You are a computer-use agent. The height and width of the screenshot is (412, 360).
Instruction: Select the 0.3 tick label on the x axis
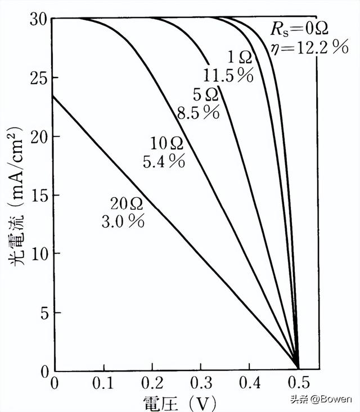coord(200,385)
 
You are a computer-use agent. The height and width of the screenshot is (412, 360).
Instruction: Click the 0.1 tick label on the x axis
coord(103,385)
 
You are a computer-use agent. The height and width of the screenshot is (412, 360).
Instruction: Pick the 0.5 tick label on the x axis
coord(298,385)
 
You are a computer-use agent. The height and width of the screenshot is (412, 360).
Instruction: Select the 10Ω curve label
coord(166,143)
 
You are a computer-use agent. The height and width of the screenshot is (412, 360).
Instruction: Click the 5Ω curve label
coord(205,94)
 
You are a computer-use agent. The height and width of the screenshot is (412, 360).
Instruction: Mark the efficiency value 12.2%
coord(308,48)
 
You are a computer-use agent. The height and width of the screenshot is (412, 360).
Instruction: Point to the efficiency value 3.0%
coord(122,221)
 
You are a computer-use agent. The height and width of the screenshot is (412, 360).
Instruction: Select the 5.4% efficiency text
coord(163,161)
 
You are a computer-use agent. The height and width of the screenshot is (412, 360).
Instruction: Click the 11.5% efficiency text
coord(227,75)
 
